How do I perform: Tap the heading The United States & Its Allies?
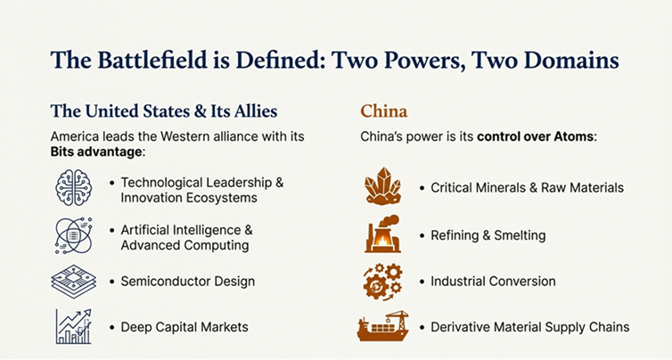tap(163, 111)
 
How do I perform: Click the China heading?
tap(384, 111)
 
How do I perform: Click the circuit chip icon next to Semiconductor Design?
tap(73, 282)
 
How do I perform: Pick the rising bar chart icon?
tap(73, 326)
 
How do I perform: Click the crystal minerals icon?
tap(382, 187)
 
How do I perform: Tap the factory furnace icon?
tap(382, 234)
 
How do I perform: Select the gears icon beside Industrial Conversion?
tap(382, 281)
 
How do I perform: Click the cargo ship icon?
tap(382, 327)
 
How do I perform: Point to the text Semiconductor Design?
tap(187, 282)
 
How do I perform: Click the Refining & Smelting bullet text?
tap(488, 235)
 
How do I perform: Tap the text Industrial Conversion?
tap(493, 282)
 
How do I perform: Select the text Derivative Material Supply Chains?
tap(529, 327)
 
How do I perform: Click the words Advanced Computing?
tap(184, 245)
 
